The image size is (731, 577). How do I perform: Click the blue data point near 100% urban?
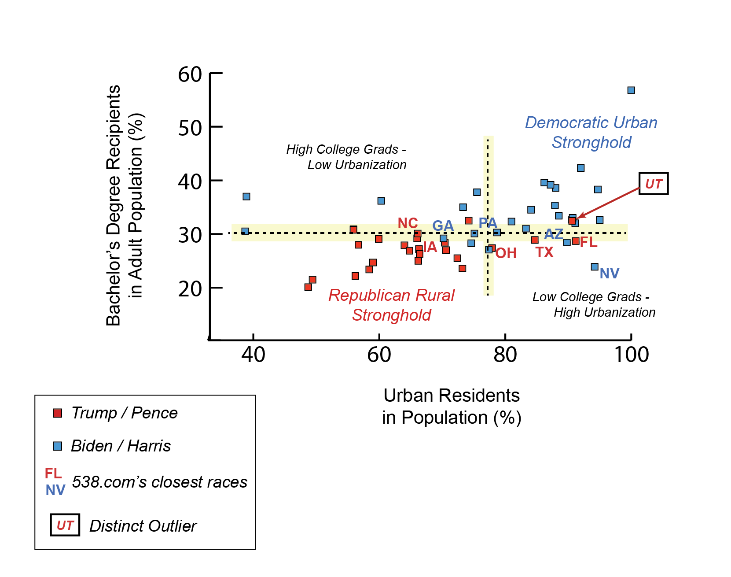631,90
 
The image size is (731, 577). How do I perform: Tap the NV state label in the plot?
610,274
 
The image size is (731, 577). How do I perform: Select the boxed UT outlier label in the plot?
654,184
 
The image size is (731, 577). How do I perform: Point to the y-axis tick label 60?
190,74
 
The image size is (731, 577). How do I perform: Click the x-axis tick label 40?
253,355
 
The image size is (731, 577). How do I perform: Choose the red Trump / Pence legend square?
57,413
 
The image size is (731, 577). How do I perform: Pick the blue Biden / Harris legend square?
57,446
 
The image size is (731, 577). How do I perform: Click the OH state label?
506,253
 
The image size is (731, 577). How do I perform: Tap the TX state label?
544,252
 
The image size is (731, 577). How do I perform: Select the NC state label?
408,223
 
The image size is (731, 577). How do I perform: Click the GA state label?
443,226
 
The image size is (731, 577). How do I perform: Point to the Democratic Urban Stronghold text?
591,132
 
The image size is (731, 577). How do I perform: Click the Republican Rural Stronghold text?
391,305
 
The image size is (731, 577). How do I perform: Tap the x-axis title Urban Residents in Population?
452,406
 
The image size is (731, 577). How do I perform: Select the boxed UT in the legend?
65,525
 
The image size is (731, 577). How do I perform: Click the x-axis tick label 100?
631,355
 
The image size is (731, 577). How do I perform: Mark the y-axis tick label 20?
190,289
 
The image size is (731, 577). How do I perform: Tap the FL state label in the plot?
588,242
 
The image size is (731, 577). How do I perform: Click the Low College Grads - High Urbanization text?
594,304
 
